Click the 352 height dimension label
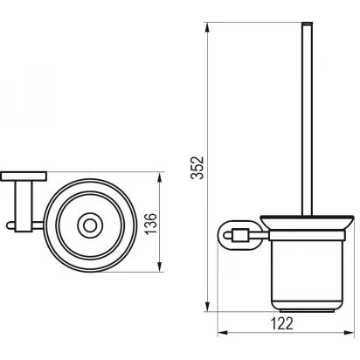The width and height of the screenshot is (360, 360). click(197, 168)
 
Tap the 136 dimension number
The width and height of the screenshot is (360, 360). click(151, 224)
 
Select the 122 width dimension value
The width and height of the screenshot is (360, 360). click(281, 323)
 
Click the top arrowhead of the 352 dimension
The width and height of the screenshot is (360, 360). click(207, 28)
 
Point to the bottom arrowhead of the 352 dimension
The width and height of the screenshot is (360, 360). click(207, 307)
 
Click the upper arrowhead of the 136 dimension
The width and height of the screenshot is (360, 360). click(159, 177)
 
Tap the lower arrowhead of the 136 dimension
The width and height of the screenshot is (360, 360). click(159, 267)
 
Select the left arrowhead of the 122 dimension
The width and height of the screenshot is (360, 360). click(223, 332)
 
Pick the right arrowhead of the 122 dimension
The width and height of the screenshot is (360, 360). click(349, 332)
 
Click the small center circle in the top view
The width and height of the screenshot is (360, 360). click(90, 225)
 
